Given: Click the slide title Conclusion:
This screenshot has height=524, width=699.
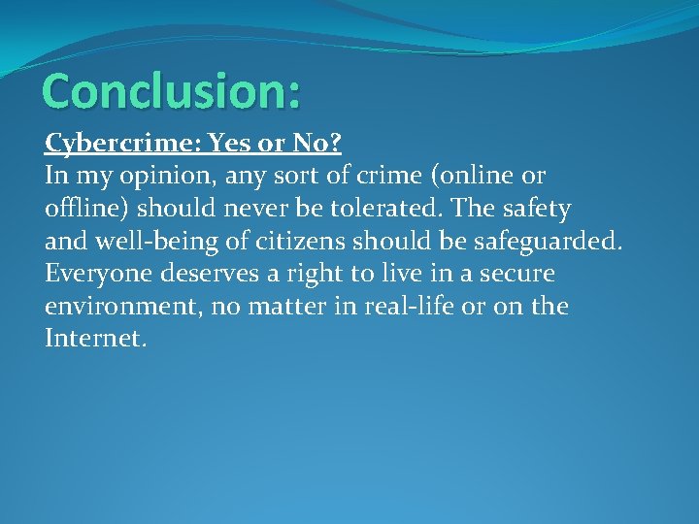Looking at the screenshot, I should [x=172, y=90].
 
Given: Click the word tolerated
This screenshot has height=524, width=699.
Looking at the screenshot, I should [x=368, y=209].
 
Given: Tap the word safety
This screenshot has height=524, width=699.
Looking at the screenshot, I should [x=535, y=209].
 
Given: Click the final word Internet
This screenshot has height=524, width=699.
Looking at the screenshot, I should [x=95, y=340].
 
